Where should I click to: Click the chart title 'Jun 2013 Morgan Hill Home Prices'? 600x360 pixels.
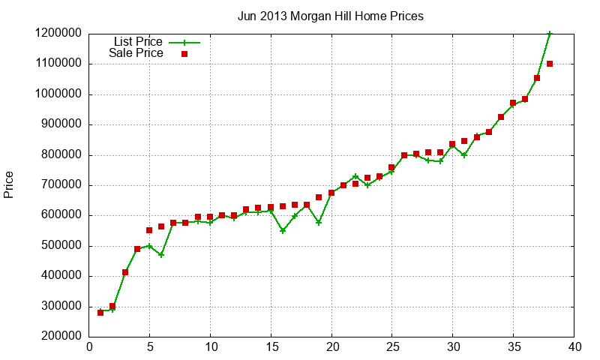point(331,15)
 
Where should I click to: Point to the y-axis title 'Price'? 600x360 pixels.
point(9,184)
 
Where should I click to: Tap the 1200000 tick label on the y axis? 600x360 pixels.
point(58,34)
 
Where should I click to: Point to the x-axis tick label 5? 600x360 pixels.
point(150,347)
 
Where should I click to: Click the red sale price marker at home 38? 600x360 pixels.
point(550,64)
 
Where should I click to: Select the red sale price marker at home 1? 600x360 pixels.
point(100,312)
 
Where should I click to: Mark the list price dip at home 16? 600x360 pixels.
point(283,230)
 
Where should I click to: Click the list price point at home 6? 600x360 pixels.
point(161,255)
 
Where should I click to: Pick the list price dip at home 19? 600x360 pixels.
point(319,223)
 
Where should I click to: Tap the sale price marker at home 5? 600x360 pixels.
point(149,230)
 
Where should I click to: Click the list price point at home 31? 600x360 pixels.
point(465,155)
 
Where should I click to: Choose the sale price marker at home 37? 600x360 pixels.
point(537,78)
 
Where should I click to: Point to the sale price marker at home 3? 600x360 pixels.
point(125,272)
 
